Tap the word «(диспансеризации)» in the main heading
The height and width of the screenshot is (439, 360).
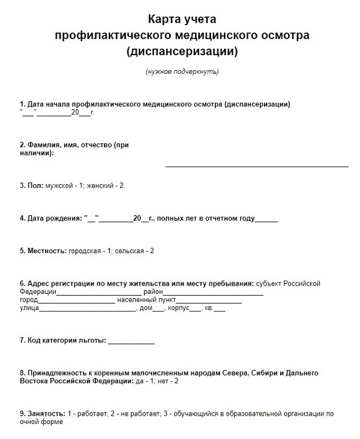pos(182,52)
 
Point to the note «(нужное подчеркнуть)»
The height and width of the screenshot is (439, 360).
pos(182,73)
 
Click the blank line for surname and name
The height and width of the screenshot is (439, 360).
pos(257,165)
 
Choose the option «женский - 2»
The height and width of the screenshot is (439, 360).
pos(106,186)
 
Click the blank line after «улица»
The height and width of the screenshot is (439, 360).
pos(88,311)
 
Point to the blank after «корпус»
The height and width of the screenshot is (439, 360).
pos(194,311)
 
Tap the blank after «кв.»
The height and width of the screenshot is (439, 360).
pos(219,311)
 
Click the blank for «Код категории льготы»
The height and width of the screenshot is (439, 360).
pos(131,343)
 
